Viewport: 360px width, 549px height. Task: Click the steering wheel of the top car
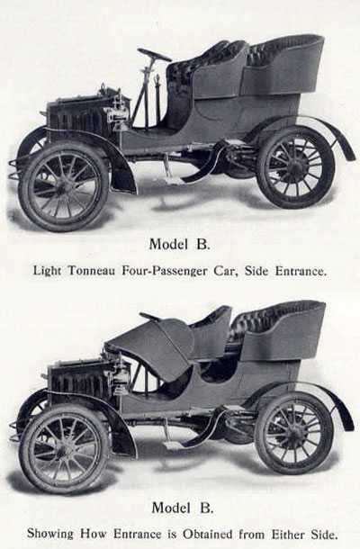point(154,55)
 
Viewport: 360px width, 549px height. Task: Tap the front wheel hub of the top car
point(64,185)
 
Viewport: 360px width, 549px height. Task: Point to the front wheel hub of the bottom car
point(63,449)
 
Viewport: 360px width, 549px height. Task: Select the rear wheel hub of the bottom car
point(293,433)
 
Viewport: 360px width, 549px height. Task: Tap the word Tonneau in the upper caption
point(92,271)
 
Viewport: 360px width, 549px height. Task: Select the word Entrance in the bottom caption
point(138,535)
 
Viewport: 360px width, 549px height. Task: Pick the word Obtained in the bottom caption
point(207,535)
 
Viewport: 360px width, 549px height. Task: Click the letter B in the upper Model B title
point(202,244)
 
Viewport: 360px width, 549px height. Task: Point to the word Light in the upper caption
point(48,271)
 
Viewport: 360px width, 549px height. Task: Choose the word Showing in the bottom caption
point(50,535)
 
